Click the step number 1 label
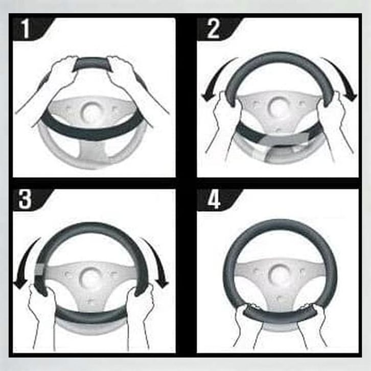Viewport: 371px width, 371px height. tap(26, 29)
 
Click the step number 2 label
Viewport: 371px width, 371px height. tap(213, 29)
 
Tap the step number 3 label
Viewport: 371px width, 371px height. tap(25, 200)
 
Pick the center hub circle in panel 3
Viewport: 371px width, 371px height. tap(90, 277)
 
